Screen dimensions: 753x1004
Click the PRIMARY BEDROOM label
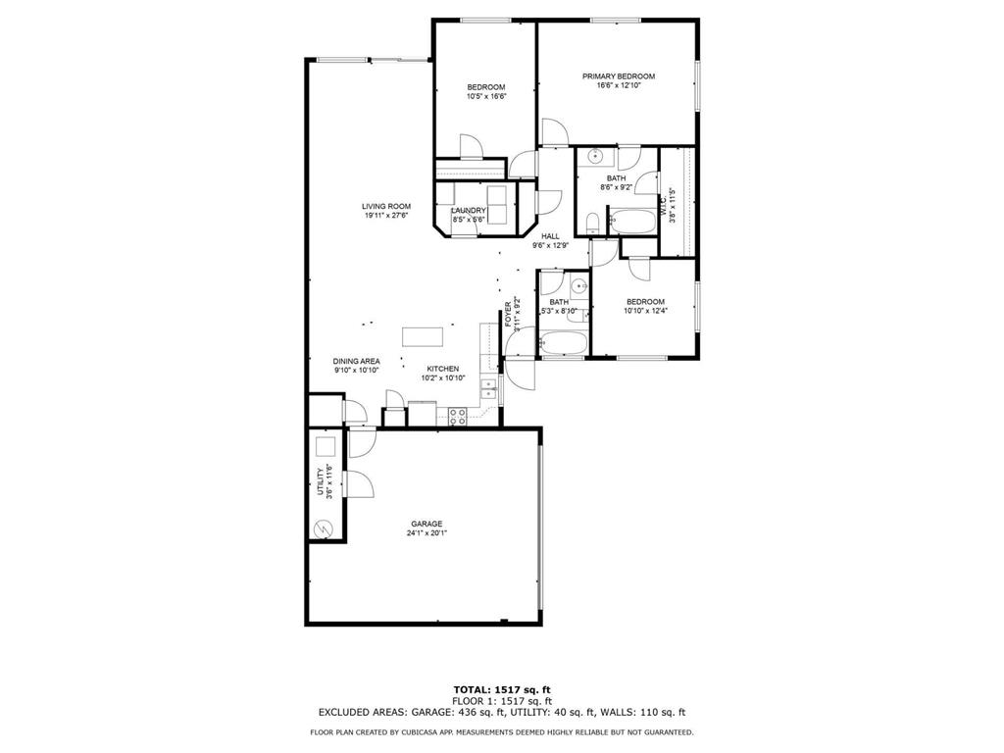618,76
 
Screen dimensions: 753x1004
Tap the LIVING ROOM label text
385,206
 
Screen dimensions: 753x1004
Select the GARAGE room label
427,524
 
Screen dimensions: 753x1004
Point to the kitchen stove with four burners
457,416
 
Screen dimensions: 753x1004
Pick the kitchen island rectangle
423,336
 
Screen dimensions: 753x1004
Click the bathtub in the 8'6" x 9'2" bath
632,221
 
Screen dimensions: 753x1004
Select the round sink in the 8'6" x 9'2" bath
593,157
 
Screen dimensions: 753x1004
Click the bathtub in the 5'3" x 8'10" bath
563,344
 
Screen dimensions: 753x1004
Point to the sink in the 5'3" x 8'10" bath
578,286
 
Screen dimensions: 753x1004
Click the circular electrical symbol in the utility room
323,528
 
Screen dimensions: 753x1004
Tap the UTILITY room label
320,483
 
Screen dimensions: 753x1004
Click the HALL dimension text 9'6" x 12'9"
550,246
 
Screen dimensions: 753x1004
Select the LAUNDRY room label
469,210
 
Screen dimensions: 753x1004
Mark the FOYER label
508,315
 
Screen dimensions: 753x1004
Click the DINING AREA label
357,361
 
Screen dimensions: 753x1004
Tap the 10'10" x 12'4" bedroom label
645,302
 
